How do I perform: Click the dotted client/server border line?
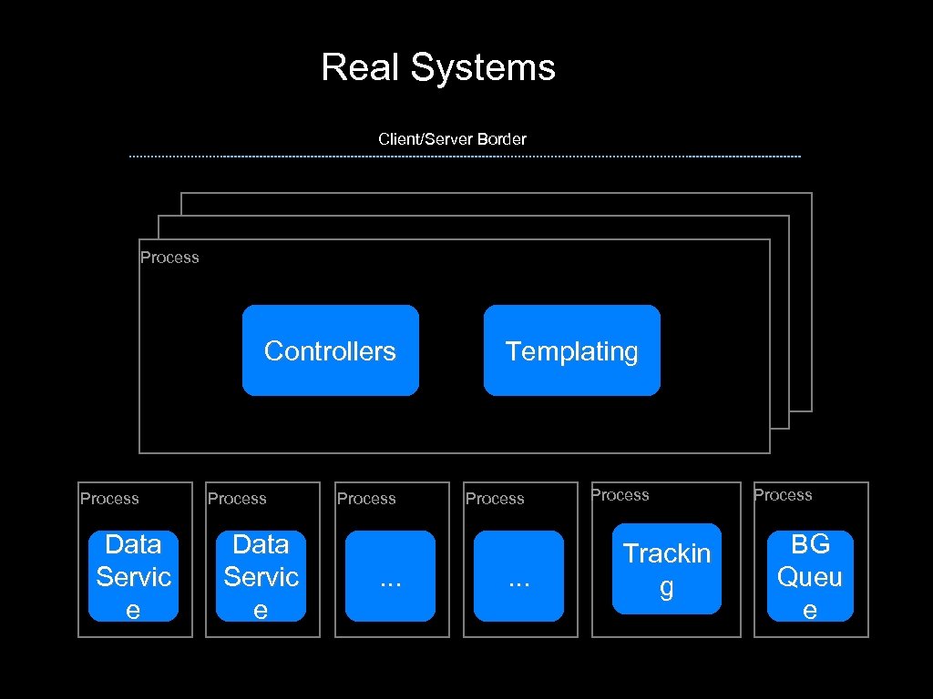pos(465,157)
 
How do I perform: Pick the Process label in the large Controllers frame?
pos(169,258)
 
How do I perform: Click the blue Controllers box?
pos(330,350)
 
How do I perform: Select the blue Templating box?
pos(571,350)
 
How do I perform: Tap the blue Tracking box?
pos(666,569)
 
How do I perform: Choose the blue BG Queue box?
pos(809,576)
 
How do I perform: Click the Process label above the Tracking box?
pos(620,495)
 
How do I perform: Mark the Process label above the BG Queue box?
pos(782,495)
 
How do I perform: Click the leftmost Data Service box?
pos(133,576)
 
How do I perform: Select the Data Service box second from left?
pos(261,576)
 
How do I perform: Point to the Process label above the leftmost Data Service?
pos(109,499)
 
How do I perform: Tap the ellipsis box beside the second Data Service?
pos(390,576)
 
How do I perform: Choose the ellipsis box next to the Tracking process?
pos(518,576)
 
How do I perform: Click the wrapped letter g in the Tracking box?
pos(667,588)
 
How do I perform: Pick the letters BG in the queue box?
pos(810,544)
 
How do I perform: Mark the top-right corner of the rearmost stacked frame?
pos(811,194)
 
